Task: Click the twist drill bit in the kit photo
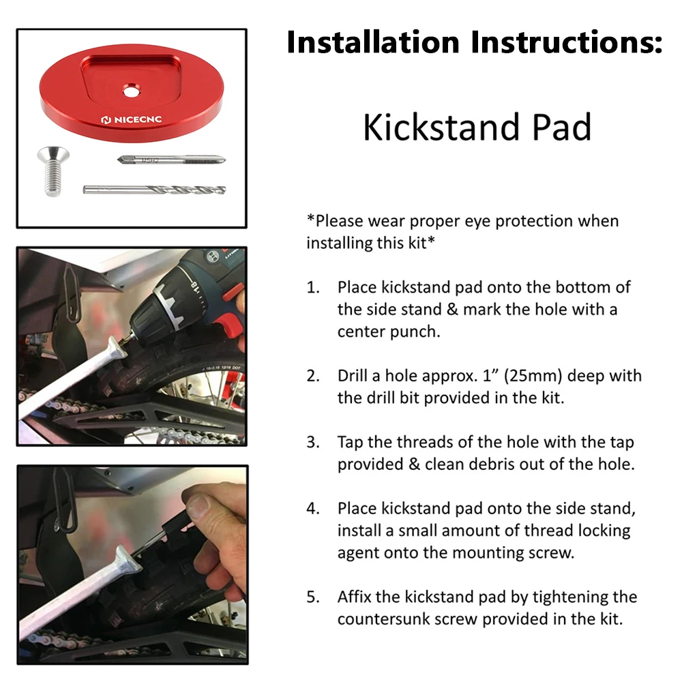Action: coord(155,189)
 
